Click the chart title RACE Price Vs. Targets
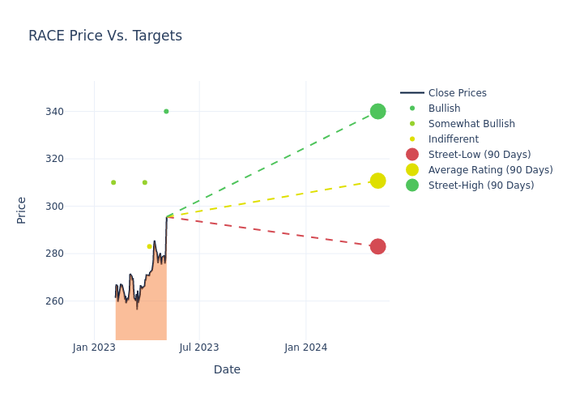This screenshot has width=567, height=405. click(105, 36)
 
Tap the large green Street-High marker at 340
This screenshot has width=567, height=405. click(377, 111)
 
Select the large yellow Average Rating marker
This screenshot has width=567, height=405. click(377, 181)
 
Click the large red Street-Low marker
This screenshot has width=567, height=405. click(377, 246)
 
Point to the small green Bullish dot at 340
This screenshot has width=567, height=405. click(166, 112)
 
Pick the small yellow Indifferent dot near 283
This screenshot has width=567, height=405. click(149, 246)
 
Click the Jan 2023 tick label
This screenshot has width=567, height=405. click(94, 347)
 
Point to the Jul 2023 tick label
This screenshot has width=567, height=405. click(199, 347)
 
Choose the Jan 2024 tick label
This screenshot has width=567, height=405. click(306, 347)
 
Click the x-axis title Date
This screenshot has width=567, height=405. click(227, 370)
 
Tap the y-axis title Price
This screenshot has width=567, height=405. click(22, 210)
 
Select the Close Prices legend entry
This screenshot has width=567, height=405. click(457, 93)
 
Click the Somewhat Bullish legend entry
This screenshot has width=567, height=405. click(471, 124)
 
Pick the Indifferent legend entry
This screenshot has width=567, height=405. click(453, 139)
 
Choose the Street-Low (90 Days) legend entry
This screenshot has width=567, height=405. click(480, 155)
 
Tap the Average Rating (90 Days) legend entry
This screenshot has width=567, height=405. click(490, 170)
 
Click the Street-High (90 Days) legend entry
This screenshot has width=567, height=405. click(481, 185)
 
